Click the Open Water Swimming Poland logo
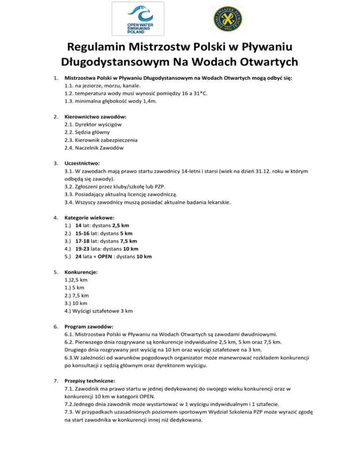coord(139,19)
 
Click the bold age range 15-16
coord(82,233)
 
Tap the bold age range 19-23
coord(82,249)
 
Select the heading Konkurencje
coord(82,272)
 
